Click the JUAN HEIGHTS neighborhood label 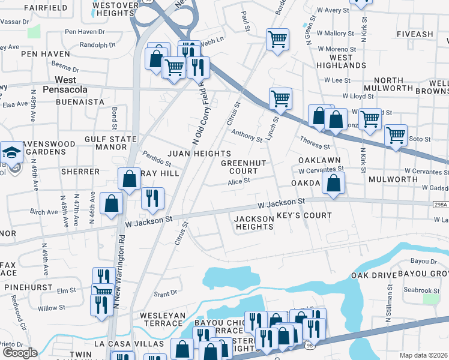199,154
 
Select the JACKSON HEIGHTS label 254,223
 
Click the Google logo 19,352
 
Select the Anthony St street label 247,136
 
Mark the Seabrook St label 422,289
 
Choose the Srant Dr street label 165,293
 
